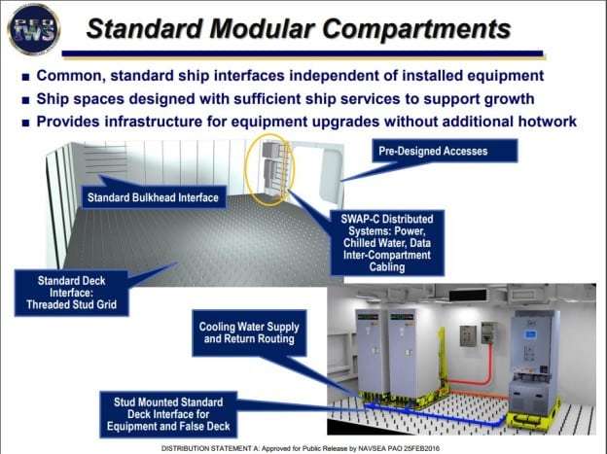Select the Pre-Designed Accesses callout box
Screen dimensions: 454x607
[446, 151]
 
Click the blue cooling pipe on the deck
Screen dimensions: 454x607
[457, 413]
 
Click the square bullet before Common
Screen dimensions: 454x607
[21, 76]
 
